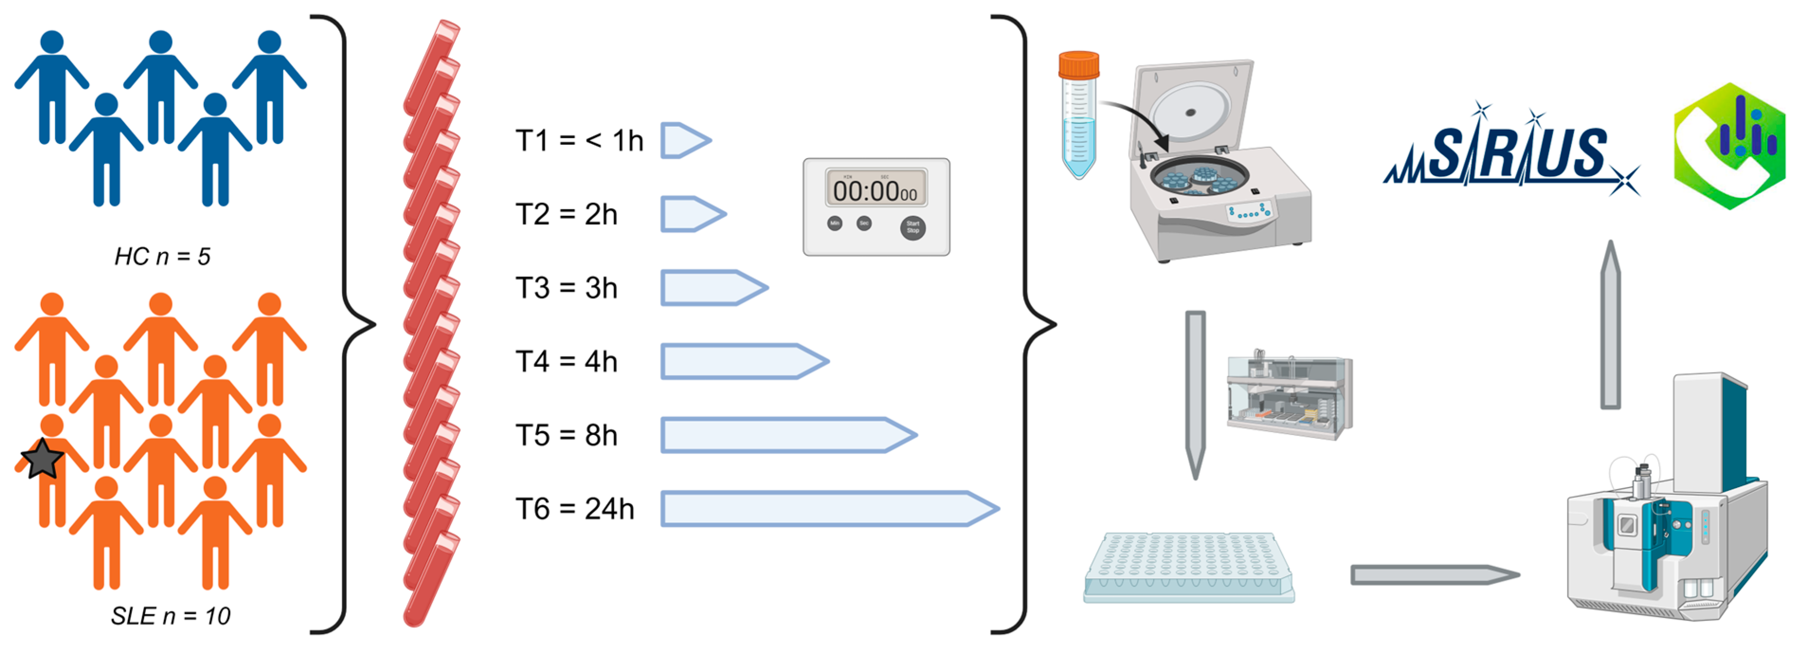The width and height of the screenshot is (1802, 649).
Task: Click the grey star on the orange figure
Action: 42,459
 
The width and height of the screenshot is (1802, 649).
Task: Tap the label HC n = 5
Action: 162,257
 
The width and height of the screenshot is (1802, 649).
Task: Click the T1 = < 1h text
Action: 578,141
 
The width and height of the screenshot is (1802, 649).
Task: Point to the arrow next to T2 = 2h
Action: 693,214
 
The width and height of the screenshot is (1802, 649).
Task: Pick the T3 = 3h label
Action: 566,288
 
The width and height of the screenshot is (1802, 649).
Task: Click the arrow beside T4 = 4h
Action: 744,362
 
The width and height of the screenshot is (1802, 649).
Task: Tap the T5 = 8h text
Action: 566,436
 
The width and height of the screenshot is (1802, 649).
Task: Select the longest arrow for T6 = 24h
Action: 829,508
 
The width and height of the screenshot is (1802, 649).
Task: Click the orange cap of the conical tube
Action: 1078,64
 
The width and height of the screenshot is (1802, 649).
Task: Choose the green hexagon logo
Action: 1729,146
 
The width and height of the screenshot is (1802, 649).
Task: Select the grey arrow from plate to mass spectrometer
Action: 1434,575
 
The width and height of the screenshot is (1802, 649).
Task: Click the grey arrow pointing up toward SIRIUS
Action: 1610,325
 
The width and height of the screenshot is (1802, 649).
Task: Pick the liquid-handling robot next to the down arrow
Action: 1290,395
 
